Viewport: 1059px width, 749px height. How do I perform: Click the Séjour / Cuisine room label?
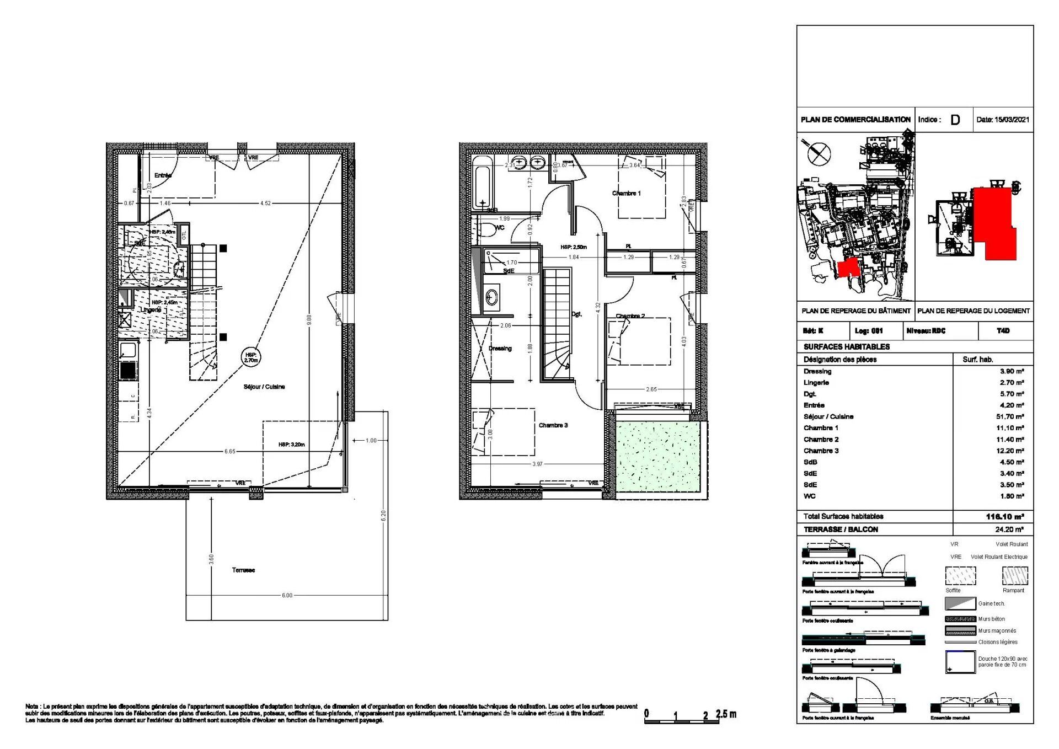[x=264, y=387]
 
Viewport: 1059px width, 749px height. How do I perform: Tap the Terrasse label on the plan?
[x=243, y=570]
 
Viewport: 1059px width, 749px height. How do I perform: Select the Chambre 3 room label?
[x=553, y=425]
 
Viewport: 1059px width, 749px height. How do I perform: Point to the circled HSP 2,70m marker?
[x=251, y=357]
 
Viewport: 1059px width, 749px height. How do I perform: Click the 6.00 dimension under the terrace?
[x=287, y=595]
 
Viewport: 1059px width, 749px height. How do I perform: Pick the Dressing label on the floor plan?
[x=500, y=349]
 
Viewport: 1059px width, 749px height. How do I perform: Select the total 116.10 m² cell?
[x=1004, y=517]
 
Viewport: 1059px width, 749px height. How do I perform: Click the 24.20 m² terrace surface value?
[x=1009, y=529]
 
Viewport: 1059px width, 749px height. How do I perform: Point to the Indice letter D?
[x=955, y=120]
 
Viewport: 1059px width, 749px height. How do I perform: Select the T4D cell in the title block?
[x=1003, y=331]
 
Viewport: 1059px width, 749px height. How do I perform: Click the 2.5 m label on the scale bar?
[x=725, y=714]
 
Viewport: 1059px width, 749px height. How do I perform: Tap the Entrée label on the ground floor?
[x=163, y=175]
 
